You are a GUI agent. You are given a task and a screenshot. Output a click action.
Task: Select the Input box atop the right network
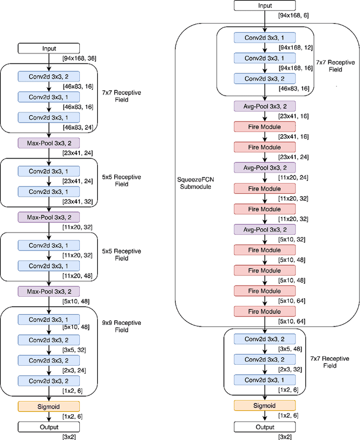265,6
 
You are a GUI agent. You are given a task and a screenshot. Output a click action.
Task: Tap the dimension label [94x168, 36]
79,58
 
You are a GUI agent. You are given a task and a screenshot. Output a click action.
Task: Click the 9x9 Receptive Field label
121,326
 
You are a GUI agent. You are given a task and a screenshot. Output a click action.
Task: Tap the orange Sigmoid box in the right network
265,406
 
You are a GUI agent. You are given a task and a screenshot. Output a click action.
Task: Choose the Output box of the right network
265,427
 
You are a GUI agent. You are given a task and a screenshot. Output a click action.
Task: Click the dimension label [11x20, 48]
77,276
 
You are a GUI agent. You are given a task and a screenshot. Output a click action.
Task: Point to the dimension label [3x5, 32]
75,350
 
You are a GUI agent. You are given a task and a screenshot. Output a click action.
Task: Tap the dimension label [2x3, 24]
75,370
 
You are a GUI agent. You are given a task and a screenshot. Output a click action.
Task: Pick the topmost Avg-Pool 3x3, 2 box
265,105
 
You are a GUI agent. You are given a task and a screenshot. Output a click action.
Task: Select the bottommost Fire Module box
265,311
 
